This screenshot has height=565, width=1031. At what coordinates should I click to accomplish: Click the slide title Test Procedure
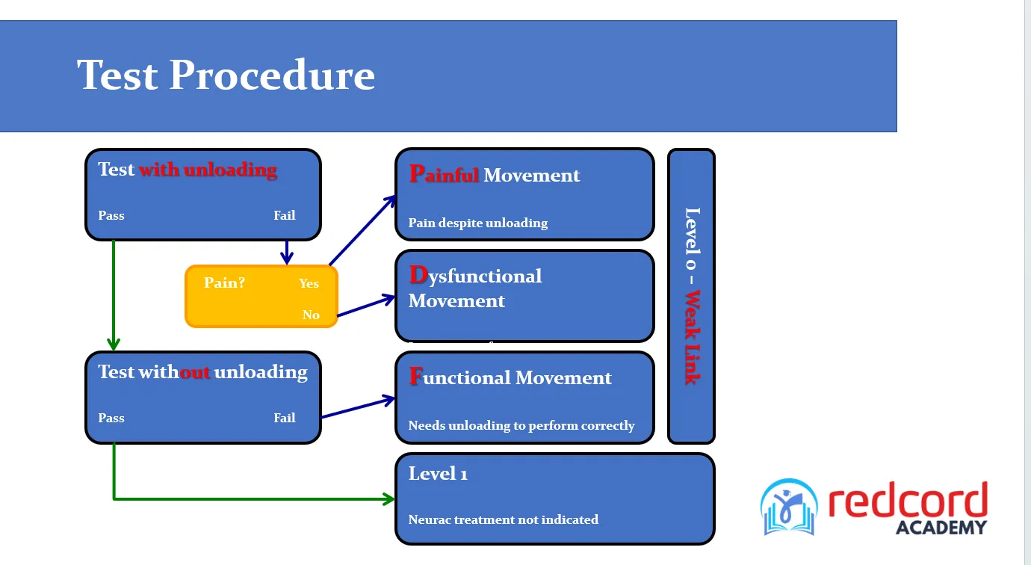pyautogui.click(x=226, y=75)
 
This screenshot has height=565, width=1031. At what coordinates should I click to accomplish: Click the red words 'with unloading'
pyautogui.click(x=208, y=170)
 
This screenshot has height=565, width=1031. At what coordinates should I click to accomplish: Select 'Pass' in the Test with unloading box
pyautogui.click(x=111, y=215)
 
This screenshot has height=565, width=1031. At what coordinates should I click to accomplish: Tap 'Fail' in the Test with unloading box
pyautogui.click(x=285, y=215)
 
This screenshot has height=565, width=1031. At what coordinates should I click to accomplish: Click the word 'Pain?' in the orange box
pyautogui.click(x=224, y=282)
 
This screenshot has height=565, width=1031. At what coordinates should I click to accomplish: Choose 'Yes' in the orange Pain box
pyautogui.click(x=309, y=283)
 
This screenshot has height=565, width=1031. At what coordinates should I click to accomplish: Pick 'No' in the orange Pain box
pyautogui.click(x=311, y=315)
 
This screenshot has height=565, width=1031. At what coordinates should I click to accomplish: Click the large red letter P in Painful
pyautogui.click(x=417, y=174)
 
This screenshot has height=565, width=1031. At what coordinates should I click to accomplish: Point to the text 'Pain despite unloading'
pyautogui.click(x=477, y=223)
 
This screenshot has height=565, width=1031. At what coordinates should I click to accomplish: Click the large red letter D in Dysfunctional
pyautogui.click(x=418, y=275)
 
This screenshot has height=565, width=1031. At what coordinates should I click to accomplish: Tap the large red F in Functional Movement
pyautogui.click(x=416, y=377)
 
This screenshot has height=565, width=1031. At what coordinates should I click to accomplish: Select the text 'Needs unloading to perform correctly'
pyautogui.click(x=521, y=425)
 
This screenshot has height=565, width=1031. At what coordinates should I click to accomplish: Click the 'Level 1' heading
pyautogui.click(x=438, y=473)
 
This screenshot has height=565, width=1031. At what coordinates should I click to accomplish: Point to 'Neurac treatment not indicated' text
pyautogui.click(x=503, y=519)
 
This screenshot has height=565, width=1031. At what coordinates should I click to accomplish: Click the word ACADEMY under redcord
pyautogui.click(x=941, y=527)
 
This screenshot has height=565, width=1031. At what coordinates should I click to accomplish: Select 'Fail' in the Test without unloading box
pyautogui.click(x=285, y=418)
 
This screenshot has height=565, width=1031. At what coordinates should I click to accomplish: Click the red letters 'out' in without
pyautogui.click(x=195, y=372)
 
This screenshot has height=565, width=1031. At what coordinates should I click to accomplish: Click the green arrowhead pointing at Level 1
pyautogui.click(x=389, y=498)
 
